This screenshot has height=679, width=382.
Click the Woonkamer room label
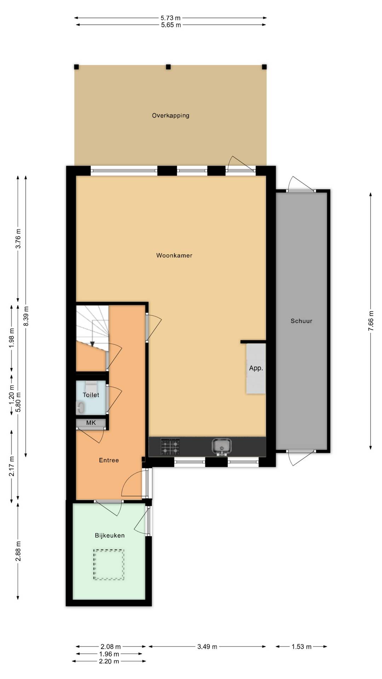point(174,255)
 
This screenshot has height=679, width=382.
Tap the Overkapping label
point(170,116)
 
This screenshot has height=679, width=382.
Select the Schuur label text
point(301,321)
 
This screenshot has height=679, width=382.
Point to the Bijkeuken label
point(110,535)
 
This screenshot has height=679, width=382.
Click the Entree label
point(109,460)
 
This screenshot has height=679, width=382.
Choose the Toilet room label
point(91,395)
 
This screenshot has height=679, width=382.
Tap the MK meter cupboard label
point(91,423)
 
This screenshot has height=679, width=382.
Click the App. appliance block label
point(256,368)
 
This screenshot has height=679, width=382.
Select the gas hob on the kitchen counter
point(170,446)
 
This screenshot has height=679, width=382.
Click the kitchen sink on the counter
point(222,446)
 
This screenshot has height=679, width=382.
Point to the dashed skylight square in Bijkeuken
point(109,564)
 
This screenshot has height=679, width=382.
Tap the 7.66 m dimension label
point(371,321)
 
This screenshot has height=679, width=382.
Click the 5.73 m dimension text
point(170,18)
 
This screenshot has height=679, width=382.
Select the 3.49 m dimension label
point(207,646)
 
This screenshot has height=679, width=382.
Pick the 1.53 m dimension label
point(302,646)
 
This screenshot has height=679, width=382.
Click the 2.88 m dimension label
point(18,551)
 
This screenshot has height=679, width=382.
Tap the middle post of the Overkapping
point(168,67)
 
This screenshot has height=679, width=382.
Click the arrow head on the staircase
point(92,344)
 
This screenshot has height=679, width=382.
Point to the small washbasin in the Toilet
point(80,407)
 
